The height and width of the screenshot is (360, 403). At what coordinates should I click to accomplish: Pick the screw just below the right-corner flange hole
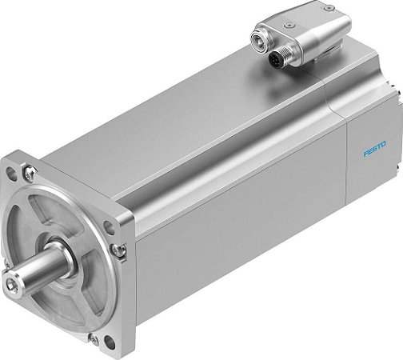pyautogui.click(x=118, y=251)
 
